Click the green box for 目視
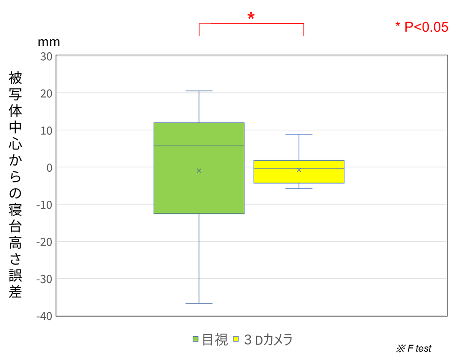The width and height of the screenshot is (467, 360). [199, 187]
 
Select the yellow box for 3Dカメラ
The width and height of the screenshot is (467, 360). [299, 176]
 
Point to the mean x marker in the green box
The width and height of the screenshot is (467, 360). [199, 170]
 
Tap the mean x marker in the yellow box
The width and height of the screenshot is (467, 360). [299, 169]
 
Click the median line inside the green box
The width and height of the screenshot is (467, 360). [199, 146]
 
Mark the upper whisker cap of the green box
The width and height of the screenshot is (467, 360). [199, 91]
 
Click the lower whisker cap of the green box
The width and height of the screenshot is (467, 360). [199, 304]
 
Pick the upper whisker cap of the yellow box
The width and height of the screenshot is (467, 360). [299, 134]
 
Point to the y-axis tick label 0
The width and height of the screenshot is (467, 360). [49, 167]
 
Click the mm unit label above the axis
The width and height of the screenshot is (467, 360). [49, 42]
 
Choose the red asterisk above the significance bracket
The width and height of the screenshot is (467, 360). [251, 17]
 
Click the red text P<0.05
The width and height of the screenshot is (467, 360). [422, 27]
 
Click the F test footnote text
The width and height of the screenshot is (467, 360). [414, 348]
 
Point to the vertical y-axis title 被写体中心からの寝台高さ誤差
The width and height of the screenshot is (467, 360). [15, 184]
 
